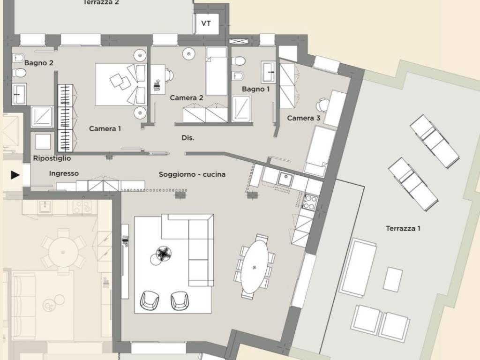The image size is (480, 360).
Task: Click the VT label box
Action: [207, 23]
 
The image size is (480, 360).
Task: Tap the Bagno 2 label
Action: [39, 63]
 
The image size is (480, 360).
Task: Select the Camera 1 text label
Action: [105, 128]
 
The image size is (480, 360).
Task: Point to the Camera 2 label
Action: [187, 98]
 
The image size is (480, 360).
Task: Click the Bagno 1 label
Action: [255, 89]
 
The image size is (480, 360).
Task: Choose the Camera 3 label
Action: [304, 118]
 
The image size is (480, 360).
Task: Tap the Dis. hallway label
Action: [188, 138]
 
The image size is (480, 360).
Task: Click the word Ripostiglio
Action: [52, 158]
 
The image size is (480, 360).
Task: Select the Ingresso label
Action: [64, 173]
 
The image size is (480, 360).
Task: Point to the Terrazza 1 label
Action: [403, 228]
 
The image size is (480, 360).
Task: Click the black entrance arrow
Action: [15, 175]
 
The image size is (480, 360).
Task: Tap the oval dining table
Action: [255, 267]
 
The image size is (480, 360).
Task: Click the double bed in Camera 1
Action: [121, 84]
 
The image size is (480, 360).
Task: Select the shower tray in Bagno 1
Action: [241, 109]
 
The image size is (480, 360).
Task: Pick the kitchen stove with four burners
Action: [310, 202]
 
